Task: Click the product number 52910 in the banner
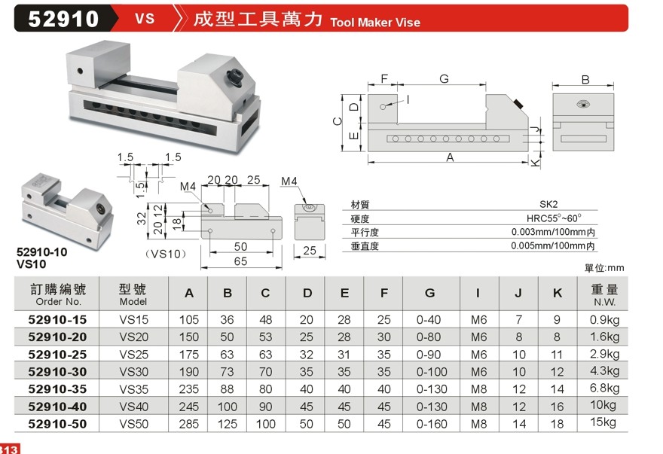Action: point(63,18)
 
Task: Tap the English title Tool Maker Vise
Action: point(375,22)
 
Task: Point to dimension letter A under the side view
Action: point(450,157)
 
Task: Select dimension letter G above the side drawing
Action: point(444,79)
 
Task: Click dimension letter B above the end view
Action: point(585,80)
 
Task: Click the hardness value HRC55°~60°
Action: point(549,218)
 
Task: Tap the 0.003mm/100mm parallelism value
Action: point(554,232)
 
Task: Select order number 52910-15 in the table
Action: point(58,319)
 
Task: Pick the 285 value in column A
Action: point(188,424)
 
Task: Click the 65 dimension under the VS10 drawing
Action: point(240,261)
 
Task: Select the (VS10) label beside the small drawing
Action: point(164,253)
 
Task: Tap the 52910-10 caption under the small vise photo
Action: point(42,252)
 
